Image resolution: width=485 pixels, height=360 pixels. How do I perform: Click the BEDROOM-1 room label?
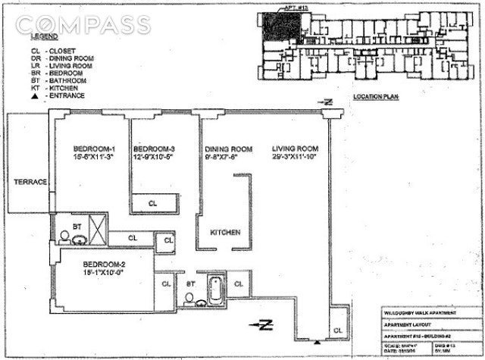point(93,149)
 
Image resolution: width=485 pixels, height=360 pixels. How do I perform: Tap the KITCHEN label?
point(225,232)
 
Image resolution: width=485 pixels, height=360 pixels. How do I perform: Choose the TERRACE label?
point(30,183)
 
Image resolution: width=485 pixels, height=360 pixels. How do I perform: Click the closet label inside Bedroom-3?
point(152,203)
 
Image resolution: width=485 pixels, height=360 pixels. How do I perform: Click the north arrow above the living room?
point(325,102)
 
